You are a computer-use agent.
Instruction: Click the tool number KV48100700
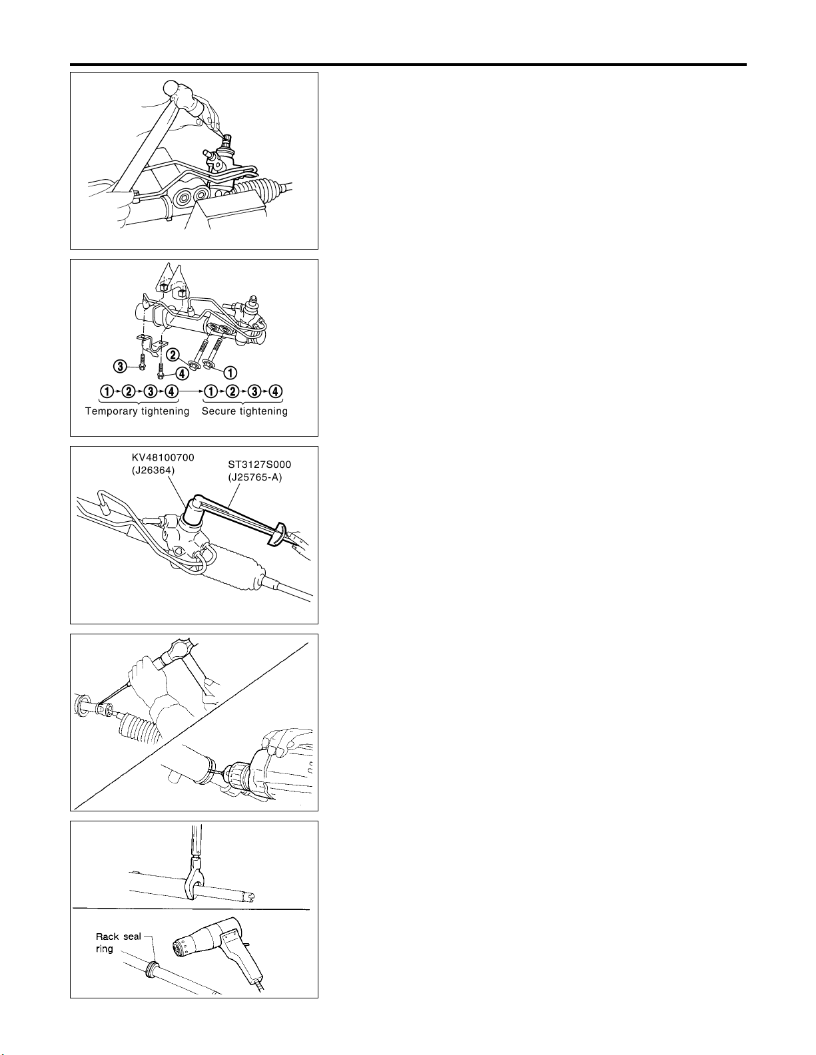click(163, 458)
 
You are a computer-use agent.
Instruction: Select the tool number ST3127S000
click(259, 465)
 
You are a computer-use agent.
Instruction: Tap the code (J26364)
click(153, 471)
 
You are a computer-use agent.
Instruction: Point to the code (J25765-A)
click(255, 477)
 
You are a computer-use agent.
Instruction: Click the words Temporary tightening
click(137, 411)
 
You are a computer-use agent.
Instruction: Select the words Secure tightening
click(245, 411)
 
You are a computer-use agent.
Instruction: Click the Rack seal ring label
click(118, 943)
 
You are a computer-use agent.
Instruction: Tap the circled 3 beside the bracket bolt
click(119, 366)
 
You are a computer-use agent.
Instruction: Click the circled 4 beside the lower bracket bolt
click(182, 374)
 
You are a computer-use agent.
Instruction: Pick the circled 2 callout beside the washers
click(173, 355)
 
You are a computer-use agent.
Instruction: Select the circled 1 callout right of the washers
click(230, 373)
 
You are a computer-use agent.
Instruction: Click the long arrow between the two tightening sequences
click(191, 391)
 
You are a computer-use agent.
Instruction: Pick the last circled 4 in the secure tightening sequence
click(275, 391)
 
